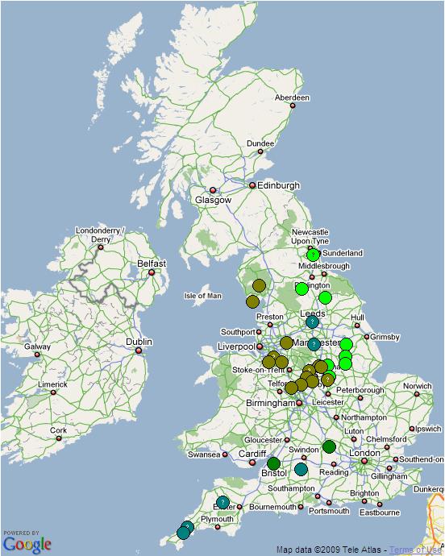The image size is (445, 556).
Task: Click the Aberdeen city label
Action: tap(292, 98)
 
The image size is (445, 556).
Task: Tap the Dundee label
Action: tap(260, 143)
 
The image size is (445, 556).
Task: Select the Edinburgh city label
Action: tap(278, 185)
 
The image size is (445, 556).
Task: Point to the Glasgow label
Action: tap(213, 200)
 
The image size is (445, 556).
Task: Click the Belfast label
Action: tap(152, 263)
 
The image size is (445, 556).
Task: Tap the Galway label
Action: tap(37, 347)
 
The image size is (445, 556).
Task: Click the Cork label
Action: tap(58, 430)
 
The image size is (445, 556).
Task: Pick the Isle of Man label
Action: tap(203, 296)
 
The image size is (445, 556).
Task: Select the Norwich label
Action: tap(418, 386)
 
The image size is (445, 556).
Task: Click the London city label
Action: tap(365, 453)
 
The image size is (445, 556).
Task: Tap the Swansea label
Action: tap(204, 454)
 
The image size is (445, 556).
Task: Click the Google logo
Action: tap(27, 544)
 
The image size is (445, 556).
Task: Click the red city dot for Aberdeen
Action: tap(293, 106)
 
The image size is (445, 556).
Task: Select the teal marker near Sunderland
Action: tap(314, 255)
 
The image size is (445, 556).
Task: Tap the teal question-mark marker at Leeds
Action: tap(312, 322)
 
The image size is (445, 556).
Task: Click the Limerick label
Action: tap(52, 384)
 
